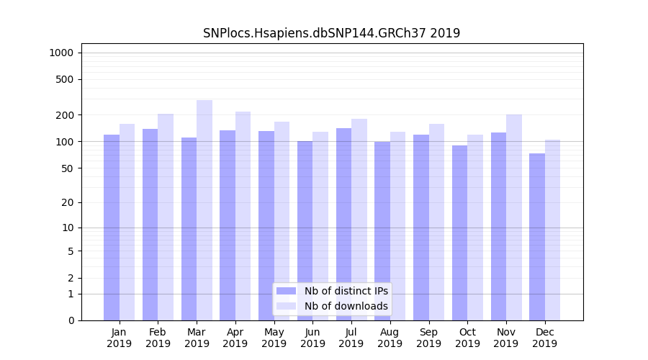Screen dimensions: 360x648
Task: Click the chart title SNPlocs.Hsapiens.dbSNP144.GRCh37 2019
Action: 331,33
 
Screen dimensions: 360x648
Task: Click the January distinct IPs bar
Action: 112,228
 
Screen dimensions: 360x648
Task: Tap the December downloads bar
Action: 552,230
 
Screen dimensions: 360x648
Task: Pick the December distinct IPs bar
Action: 537,237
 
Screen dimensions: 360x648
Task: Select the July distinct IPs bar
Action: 343,224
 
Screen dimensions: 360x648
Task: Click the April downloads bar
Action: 243,216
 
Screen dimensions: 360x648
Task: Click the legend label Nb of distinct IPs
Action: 346,291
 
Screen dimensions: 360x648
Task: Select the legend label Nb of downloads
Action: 346,306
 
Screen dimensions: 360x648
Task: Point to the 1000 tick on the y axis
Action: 61,53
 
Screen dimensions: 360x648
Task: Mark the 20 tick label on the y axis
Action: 68,202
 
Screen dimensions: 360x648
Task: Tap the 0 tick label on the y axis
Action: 71,320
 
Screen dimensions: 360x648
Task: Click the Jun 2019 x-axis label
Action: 312,338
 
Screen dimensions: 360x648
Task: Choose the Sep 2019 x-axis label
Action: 428,338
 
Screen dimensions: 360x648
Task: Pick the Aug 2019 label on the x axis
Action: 390,338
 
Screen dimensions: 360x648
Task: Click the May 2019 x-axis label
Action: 274,338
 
